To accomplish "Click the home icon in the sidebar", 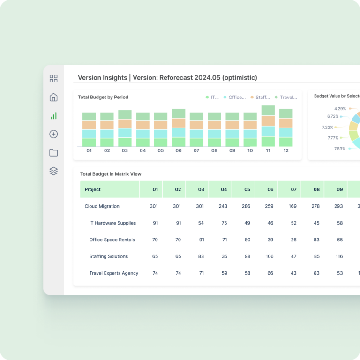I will point(53,97).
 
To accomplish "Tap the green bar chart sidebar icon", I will point(53,116).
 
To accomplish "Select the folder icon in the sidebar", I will point(53,153).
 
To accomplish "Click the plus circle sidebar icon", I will point(53,134).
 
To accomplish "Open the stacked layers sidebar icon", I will point(53,171).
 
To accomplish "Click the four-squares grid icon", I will point(53,79).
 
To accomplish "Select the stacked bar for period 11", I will point(268,126).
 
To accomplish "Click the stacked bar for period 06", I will point(179,128).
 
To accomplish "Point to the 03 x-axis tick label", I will point(125,150).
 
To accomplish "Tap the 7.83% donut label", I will point(340,149).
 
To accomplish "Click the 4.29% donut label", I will point(340,109).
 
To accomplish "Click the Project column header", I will point(93,189).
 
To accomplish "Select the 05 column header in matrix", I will point(247,189).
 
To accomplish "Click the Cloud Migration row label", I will point(102,206).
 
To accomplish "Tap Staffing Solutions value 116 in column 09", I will point(339,256).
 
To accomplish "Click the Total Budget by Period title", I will point(103,97).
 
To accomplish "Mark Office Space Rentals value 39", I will point(270,240).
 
